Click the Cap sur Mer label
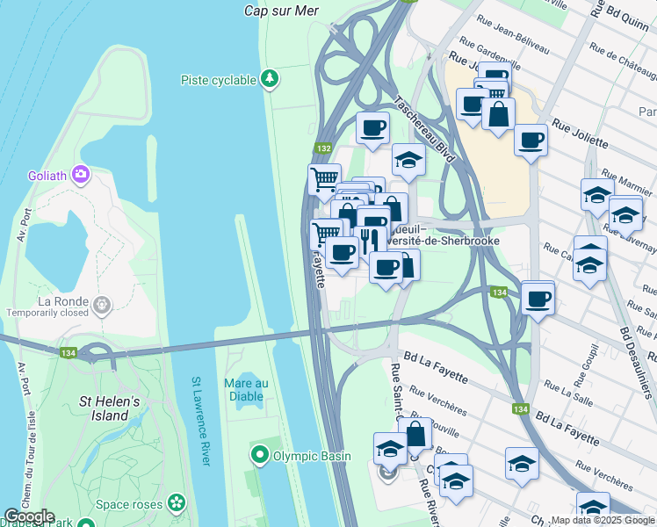tap(280, 11)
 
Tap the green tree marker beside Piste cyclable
tap(271, 80)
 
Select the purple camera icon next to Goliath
tap(83, 175)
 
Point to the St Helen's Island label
tap(110, 408)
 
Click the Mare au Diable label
tap(246, 389)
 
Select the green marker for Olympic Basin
tap(259, 456)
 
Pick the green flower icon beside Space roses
tap(177, 503)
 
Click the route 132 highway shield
tap(324, 149)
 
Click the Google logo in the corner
tap(29, 516)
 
